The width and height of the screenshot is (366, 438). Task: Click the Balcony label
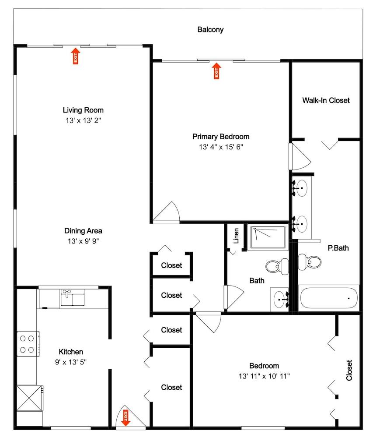pos(210,30)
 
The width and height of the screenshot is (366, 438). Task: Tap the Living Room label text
pos(83,110)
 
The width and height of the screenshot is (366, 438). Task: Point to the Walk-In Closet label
pos(326,100)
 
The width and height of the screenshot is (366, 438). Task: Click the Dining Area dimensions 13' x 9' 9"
pos(83,241)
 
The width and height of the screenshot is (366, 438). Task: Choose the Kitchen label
pos(71,352)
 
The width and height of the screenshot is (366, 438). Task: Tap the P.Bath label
pos(338,248)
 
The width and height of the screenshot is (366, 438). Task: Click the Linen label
pos(236,236)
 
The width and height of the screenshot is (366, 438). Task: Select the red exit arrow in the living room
pos(75,56)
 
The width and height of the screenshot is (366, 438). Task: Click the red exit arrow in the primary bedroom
pos(216,71)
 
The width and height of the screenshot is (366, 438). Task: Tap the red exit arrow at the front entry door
pos(126,417)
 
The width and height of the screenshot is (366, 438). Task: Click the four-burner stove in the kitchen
pos(27,344)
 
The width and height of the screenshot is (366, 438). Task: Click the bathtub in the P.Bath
pos(329,298)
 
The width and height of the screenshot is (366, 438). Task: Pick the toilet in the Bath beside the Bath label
pos(277,265)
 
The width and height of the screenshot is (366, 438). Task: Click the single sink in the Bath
pos(279,300)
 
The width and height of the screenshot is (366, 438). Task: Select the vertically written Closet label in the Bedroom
pos(349,371)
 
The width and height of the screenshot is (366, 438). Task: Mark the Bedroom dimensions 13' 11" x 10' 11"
pos(264,376)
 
